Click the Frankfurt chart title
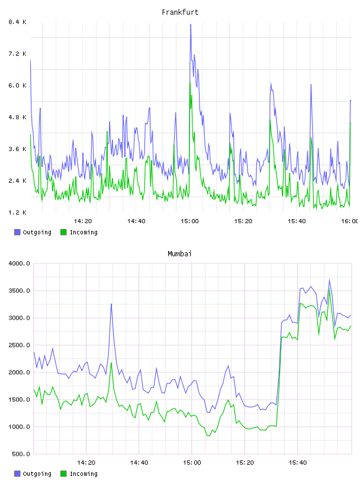coord(180,12)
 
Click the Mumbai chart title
coord(179,254)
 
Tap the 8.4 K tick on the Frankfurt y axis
coord(18,22)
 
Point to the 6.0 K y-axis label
coord(18,85)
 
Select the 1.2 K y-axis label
coord(18,212)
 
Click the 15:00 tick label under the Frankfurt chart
coord(189,221)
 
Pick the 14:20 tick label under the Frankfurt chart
coord(83,221)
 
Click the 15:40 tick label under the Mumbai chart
coord(298,463)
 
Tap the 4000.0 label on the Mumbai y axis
coord(19,263)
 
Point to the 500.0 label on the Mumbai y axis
coord(21,454)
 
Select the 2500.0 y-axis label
coord(19,345)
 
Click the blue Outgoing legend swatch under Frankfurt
coord(17,232)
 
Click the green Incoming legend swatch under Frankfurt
coord(63,232)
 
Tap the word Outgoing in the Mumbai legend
coord(37,474)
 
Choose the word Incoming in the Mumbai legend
coord(83,474)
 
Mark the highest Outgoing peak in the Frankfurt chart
coord(191,25)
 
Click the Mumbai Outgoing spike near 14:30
coord(111,304)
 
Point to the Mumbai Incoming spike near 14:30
coord(111,363)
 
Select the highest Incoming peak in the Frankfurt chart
coord(190,82)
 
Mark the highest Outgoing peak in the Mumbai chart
coord(329,280)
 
